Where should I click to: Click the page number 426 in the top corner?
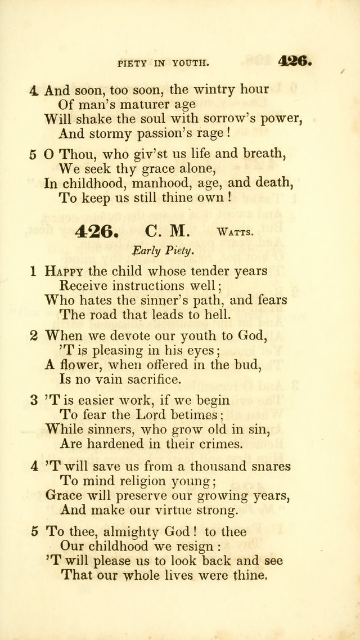[x=294, y=61]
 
